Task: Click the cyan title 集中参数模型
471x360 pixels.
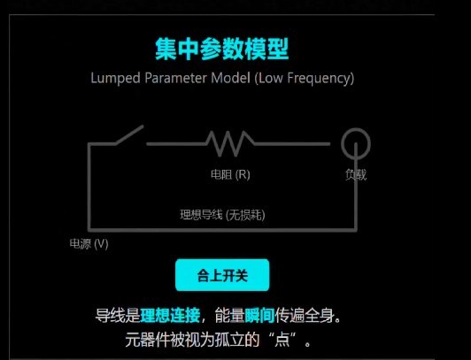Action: click(221, 49)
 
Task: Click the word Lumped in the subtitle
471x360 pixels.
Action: click(116, 79)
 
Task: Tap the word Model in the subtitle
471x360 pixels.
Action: click(231, 78)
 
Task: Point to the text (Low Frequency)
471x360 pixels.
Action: click(305, 79)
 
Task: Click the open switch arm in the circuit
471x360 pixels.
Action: click(130, 135)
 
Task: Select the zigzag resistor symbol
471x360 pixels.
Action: click(230, 143)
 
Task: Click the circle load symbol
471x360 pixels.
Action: click(356, 143)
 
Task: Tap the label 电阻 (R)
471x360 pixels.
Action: click(230, 174)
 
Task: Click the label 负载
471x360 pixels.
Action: click(356, 174)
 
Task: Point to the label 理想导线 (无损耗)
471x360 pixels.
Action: click(222, 215)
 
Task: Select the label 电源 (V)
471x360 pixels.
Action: click(89, 243)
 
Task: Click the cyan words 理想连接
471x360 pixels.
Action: click(170, 315)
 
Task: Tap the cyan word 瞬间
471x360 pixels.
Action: click(259, 315)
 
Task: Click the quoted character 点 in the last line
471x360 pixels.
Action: click(282, 340)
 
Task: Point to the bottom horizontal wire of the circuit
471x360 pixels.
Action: click(222, 230)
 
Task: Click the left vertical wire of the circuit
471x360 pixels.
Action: click(89, 188)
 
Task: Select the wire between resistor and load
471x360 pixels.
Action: click(292, 144)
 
